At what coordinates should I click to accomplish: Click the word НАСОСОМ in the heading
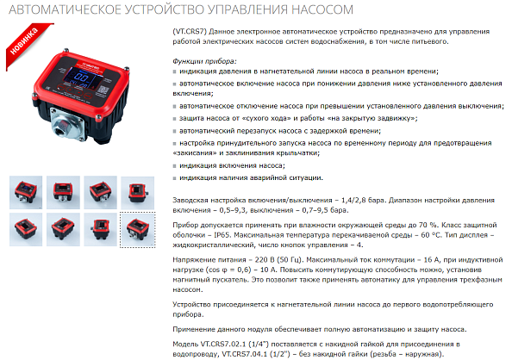[322, 9]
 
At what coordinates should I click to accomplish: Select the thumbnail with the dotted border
[137, 229]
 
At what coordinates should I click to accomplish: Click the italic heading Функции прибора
[204, 61]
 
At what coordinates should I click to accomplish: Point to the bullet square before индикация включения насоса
[175, 166]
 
